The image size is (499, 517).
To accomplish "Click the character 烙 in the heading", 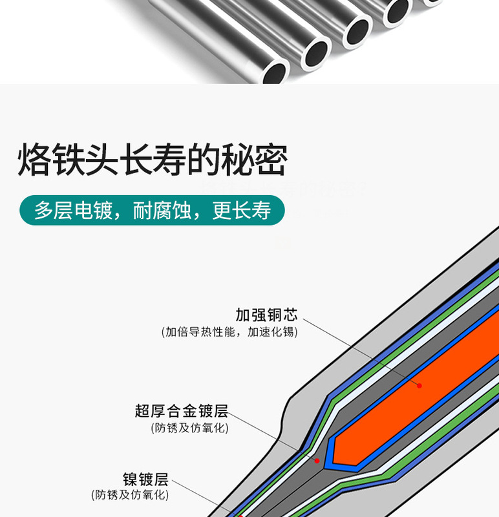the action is [x=35, y=159].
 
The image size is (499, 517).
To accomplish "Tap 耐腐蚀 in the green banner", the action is [x=162, y=211].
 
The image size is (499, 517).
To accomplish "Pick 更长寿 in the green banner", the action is [x=241, y=211].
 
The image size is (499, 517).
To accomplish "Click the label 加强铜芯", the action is [x=266, y=315].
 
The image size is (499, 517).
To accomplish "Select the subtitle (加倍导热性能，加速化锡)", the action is [x=229, y=332].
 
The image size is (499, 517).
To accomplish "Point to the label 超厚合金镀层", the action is [x=181, y=411].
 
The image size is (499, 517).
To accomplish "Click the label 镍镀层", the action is [x=145, y=480].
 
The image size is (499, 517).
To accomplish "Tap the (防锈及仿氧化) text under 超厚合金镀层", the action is [x=189, y=427].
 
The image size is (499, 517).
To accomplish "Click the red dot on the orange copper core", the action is [x=419, y=385].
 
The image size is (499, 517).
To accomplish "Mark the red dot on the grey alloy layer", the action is [x=317, y=460].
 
